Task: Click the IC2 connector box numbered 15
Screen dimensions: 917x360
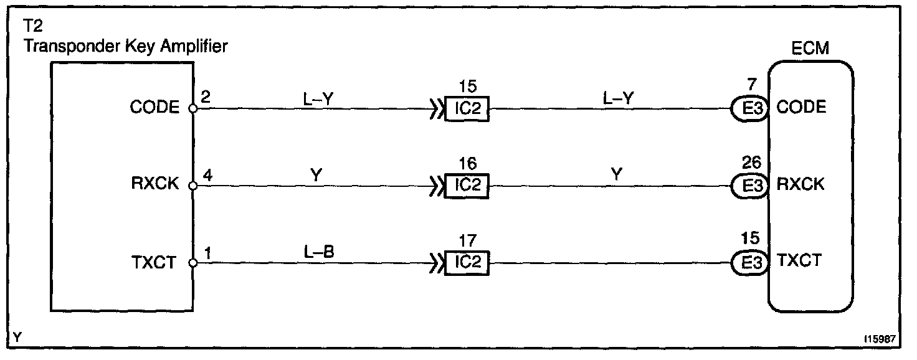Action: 467,108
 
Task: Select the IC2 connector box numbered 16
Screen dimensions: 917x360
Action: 467,186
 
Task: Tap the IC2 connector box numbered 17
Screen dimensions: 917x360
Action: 467,262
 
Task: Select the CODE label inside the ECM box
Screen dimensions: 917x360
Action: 801,107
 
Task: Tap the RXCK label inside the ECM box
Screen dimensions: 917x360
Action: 801,184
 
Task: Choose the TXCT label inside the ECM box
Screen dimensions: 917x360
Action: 799,261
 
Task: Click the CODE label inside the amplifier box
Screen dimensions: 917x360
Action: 154,108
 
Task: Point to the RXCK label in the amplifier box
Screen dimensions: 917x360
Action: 154,185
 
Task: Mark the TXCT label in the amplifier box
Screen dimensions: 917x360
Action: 156,262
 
